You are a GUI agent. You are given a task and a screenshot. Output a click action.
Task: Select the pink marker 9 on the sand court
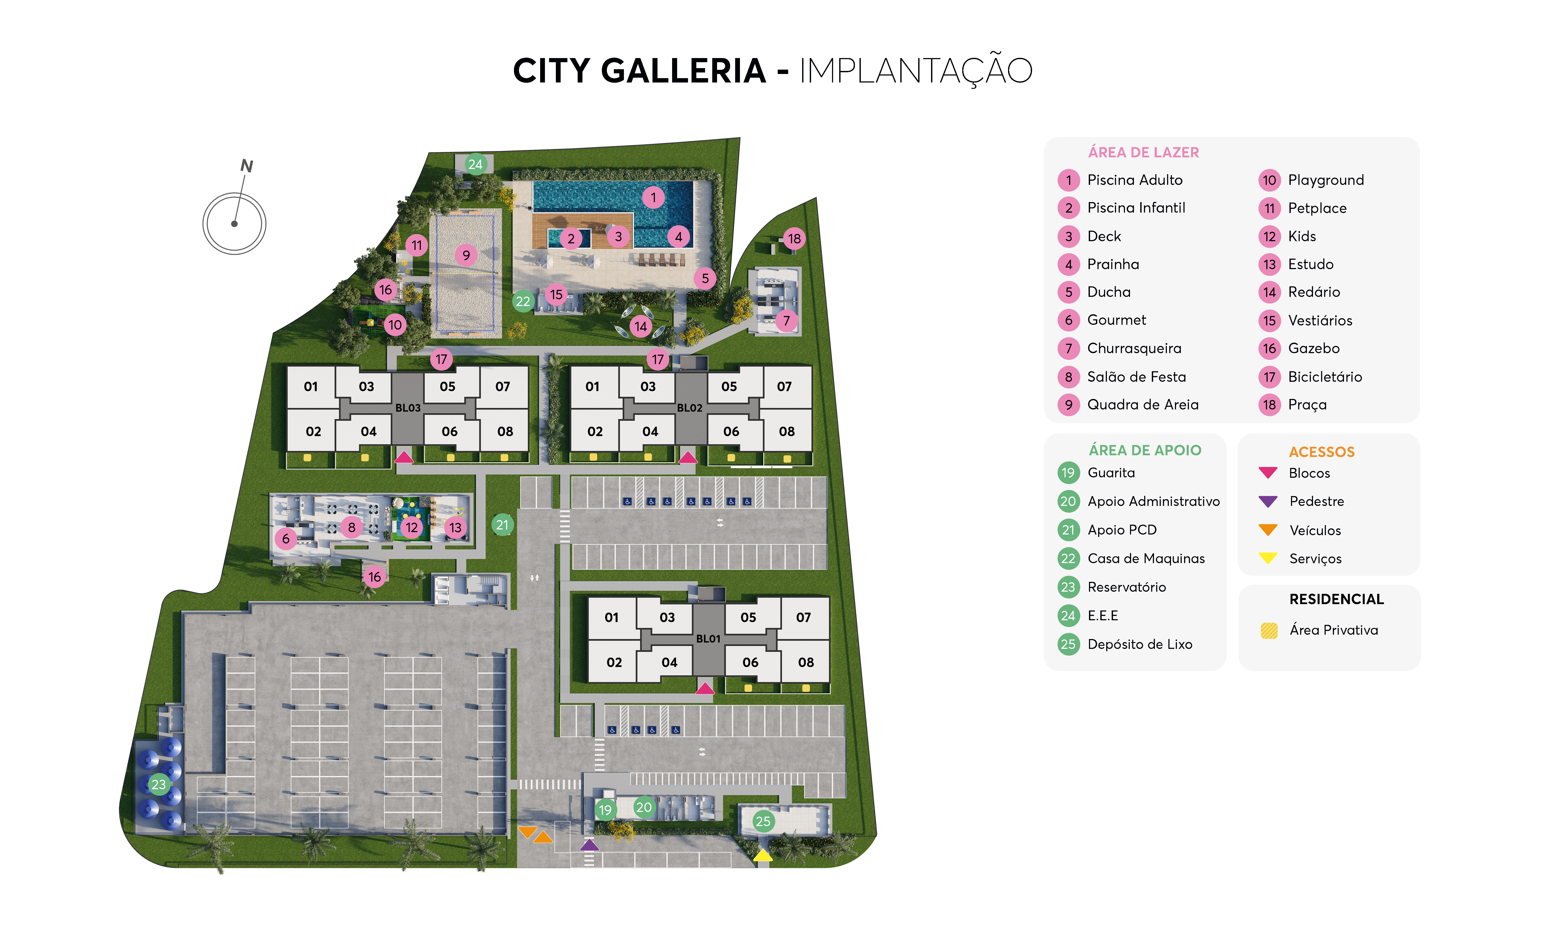pyautogui.click(x=466, y=255)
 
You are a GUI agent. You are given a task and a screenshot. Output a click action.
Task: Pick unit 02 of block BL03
pyautogui.click(x=313, y=431)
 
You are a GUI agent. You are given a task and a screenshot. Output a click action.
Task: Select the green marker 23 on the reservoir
pyautogui.click(x=159, y=784)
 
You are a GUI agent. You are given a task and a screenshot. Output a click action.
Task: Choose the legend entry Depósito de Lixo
pyautogui.click(x=1140, y=644)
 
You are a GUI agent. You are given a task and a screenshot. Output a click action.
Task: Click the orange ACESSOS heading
pyautogui.click(x=1321, y=452)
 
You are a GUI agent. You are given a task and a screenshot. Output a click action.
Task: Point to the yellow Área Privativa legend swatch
pyautogui.click(x=1269, y=630)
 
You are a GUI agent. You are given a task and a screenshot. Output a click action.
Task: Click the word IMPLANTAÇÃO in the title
pyautogui.click(x=916, y=71)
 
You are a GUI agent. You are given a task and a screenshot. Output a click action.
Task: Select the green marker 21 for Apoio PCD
pyautogui.click(x=502, y=525)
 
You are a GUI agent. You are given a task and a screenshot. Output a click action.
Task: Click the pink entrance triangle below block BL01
pyautogui.click(x=705, y=689)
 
